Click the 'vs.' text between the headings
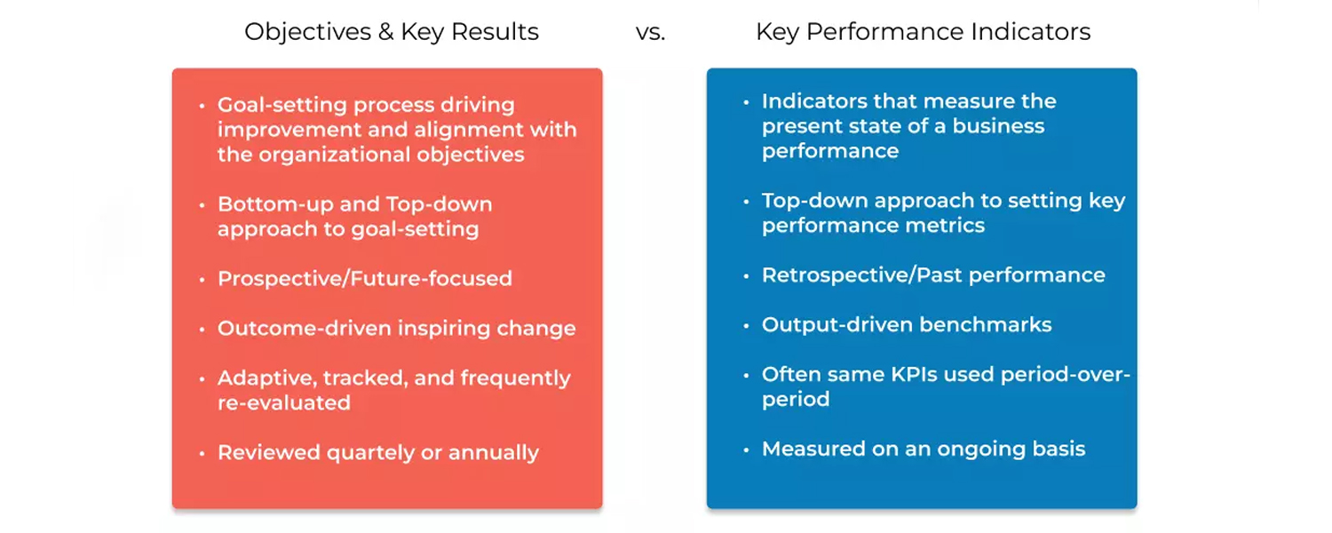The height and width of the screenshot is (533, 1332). click(x=651, y=32)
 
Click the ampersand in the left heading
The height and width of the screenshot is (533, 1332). click(x=385, y=31)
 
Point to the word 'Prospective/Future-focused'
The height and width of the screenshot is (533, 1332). click(x=364, y=278)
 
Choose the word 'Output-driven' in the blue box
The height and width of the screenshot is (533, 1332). click(x=836, y=325)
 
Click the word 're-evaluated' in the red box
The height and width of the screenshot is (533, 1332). click(x=284, y=403)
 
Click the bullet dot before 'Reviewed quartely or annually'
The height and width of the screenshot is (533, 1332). click(x=202, y=453)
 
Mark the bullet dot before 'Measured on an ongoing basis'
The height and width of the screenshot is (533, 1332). click(x=746, y=449)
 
